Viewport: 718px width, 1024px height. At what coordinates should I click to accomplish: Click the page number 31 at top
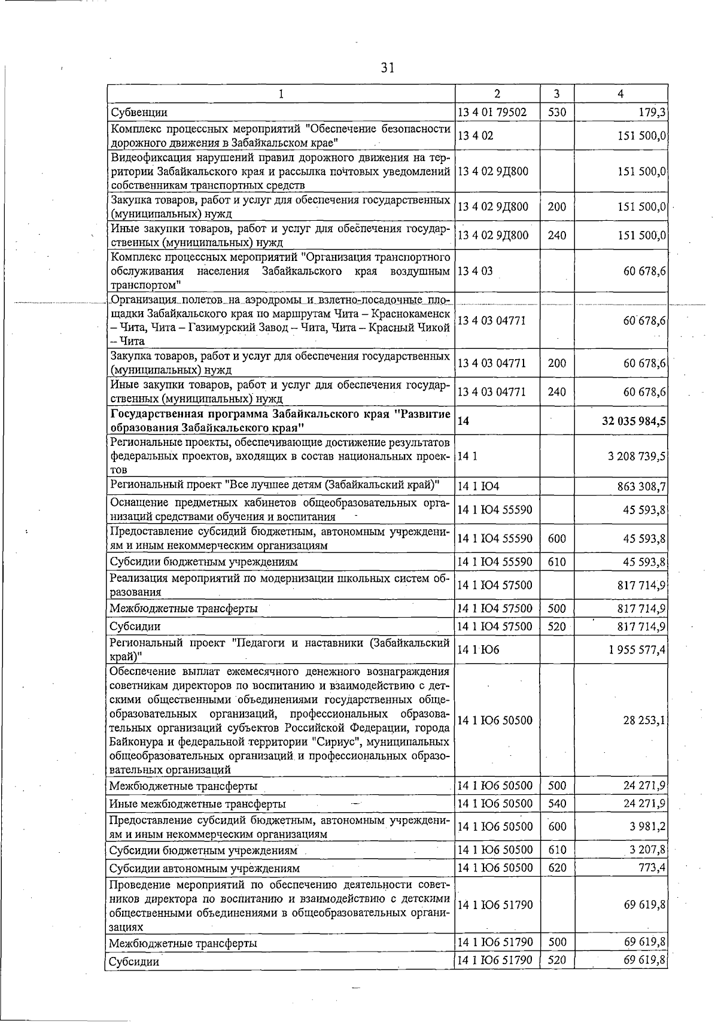point(387,68)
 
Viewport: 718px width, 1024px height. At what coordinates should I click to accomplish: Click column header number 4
point(620,94)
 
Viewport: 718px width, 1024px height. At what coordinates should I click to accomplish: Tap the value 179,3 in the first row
point(653,112)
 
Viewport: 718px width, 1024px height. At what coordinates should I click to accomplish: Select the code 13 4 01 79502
point(492,112)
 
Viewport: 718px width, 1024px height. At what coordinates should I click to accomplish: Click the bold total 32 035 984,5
point(634,421)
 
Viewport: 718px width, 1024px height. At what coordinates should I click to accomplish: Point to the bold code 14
point(463,421)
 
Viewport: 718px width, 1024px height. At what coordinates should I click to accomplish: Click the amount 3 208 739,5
point(637,456)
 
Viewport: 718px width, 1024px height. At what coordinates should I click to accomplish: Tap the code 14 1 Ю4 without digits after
point(478,486)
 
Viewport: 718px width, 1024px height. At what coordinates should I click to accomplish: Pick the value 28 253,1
point(644,720)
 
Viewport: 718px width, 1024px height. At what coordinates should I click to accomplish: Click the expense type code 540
point(557,803)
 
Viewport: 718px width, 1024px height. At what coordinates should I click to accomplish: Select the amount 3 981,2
point(647,827)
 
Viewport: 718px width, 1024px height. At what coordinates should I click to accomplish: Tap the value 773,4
point(652,867)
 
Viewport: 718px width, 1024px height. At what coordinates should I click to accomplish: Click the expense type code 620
point(557,867)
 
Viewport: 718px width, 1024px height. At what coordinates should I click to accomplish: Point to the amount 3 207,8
point(647,850)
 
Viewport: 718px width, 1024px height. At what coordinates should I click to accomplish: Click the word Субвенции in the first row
point(139,112)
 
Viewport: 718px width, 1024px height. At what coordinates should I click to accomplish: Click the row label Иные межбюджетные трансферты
point(197,804)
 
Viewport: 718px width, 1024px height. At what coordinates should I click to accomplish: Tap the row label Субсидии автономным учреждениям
point(204,868)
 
